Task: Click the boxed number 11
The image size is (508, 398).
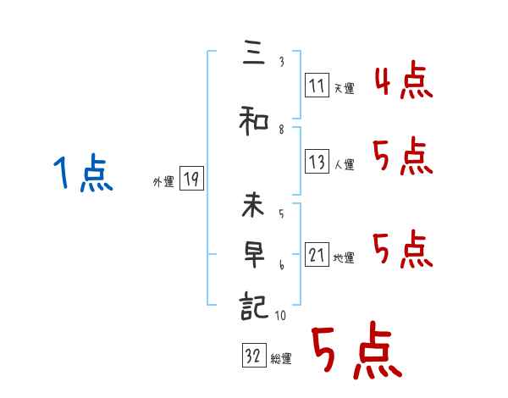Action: pyautogui.click(x=317, y=86)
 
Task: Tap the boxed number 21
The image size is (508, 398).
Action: pyautogui.click(x=317, y=256)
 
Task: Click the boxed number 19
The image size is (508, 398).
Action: pyautogui.click(x=191, y=180)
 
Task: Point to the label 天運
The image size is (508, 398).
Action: pyautogui.click(x=344, y=88)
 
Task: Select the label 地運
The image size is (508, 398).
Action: pyautogui.click(x=344, y=258)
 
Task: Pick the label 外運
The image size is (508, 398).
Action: pyautogui.click(x=163, y=181)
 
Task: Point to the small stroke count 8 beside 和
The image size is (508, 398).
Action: pyautogui.click(x=281, y=130)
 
